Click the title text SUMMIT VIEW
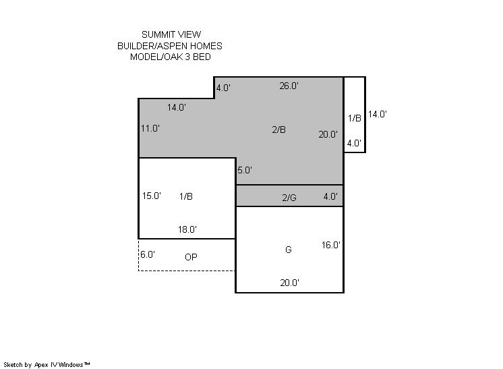pos(171,34)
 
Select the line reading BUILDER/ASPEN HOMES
pos(170,46)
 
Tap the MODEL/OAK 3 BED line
pos(171,57)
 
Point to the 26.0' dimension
pos(289,86)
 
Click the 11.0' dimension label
pos(150,128)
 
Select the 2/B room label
pos(278,130)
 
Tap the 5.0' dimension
pos(245,170)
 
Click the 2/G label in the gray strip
pos(289,198)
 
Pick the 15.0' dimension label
pos(152,196)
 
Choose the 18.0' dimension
pos(187,229)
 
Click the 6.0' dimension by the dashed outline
pos(148,254)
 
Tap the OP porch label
pos(191,257)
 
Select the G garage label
pos(289,250)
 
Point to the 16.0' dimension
pos(331,245)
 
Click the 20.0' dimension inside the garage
pos(290,283)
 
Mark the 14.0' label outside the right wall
pos(378,114)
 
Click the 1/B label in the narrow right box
pos(355,118)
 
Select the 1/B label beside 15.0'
pos(186,196)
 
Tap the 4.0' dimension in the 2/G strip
pos(330,196)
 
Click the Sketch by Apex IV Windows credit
pos(47,365)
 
